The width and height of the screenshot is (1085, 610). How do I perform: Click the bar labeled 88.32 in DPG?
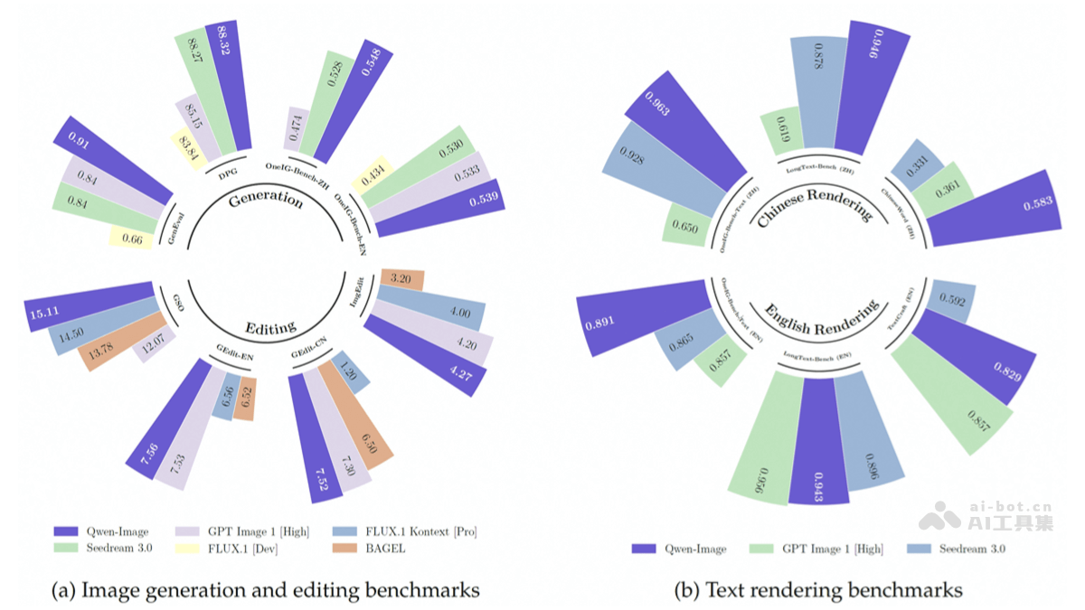point(227,86)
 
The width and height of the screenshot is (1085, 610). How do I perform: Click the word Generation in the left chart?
point(266,199)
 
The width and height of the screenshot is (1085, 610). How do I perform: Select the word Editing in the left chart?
point(270,328)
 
